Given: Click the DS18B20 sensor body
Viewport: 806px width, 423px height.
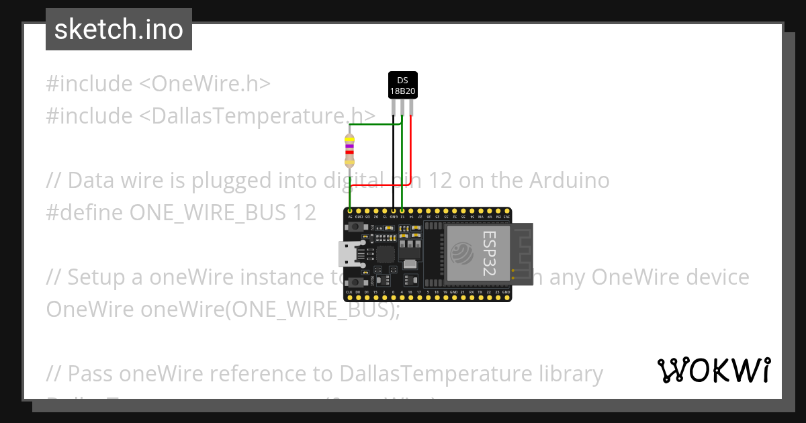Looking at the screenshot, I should tap(402, 85).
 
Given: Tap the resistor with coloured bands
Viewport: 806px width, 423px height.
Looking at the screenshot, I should tap(349, 150).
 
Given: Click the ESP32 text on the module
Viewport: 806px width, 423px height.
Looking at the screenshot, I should tap(488, 254).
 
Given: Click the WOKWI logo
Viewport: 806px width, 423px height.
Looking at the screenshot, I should tap(713, 370).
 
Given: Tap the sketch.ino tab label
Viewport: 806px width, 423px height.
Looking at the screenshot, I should tap(119, 30).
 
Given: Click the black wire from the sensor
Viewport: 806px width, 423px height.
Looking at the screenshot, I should tap(393, 161).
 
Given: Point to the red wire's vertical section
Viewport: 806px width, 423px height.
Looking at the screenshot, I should tap(410, 148).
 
